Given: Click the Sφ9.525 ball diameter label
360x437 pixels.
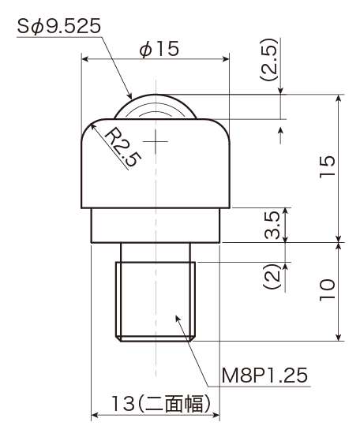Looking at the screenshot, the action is (x=59, y=27).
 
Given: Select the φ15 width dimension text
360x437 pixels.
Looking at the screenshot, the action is (x=159, y=49).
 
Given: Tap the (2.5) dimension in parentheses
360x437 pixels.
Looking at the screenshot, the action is (x=268, y=60).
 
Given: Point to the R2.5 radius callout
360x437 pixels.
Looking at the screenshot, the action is (x=122, y=148).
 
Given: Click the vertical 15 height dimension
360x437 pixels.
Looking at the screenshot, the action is (x=327, y=167).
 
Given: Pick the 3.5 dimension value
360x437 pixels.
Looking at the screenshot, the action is (x=272, y=225).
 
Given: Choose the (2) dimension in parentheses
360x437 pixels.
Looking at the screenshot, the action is (x=272, y=276).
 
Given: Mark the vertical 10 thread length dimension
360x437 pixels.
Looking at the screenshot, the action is (x=327, y=289).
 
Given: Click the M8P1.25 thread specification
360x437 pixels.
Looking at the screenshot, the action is (x=264, y=375).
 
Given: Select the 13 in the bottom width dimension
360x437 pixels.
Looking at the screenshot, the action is (x=122, y=403).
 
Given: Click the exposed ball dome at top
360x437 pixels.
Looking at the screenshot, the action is (x=156, y=106).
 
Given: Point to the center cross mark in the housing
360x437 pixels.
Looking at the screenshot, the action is (x=156, y=141).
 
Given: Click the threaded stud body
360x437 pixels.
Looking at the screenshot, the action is (x=156, y=301).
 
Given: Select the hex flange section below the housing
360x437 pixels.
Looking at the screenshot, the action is (x=156, y=226).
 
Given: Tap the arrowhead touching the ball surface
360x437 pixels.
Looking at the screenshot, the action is (x=129, y=96).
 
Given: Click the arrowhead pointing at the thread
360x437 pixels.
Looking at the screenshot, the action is (x=178, y=319).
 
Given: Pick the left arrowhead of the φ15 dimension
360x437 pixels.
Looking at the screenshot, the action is (x=84, y=59).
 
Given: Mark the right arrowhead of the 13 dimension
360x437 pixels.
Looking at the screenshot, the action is (x=216, y=415).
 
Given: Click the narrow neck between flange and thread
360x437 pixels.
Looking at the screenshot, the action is (x=156, y=252).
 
